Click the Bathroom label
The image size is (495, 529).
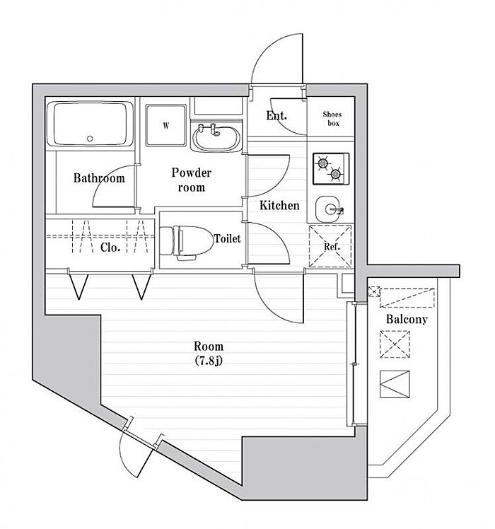99,178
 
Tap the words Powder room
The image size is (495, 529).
192,180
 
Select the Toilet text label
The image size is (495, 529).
228,239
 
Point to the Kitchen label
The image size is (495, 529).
279,206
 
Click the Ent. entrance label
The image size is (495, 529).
276,116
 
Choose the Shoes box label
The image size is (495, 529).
332,118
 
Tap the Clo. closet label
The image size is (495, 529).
109,248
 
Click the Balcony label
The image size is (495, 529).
406,319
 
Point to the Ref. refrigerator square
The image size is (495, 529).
331,246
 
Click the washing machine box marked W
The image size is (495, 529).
166,126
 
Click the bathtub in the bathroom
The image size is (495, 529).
91,125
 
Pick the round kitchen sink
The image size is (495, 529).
330,207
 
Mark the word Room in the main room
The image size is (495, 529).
209,347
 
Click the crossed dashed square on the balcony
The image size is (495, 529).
394,346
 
